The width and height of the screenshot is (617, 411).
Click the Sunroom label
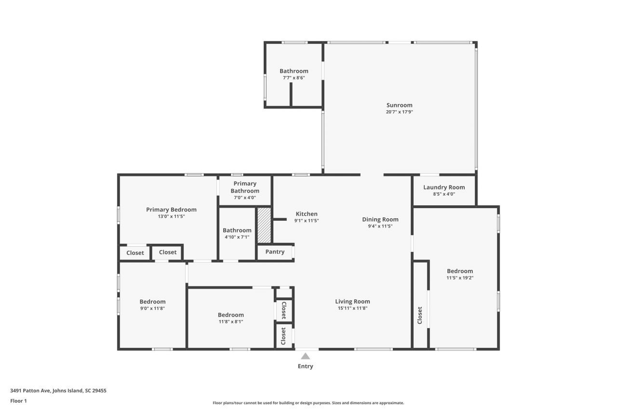click(399, 105)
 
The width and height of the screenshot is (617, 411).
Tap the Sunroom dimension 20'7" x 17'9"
click(399, 112)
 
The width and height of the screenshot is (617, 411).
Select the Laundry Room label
click(444, 187)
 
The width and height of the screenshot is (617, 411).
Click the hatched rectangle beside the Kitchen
click(264, 225)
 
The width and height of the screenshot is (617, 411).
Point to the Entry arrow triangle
click(305, 357)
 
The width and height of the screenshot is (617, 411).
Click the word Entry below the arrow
click(305, 366)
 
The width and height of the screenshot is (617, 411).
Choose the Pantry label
click(275, 252)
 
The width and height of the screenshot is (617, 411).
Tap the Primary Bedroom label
click(171, 210)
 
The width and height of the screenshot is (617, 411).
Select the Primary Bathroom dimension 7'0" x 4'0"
click(245, 198)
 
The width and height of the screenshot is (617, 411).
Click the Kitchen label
click(306, 214)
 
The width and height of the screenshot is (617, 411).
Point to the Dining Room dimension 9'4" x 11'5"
click(380, 226)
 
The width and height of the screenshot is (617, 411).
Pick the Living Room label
click(352, 302)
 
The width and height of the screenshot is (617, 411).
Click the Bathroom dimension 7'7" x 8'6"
click(294, 78)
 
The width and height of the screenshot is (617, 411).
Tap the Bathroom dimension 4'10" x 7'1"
click(237, 237)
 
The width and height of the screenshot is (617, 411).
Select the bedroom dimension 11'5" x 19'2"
click(459, 278)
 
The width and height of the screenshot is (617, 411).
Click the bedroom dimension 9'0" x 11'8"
click(152, 308)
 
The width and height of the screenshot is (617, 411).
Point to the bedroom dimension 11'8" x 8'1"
click(230, 321)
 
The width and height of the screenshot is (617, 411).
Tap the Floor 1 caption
click(18, 400)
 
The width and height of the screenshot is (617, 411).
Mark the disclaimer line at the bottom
click(308, 403)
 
